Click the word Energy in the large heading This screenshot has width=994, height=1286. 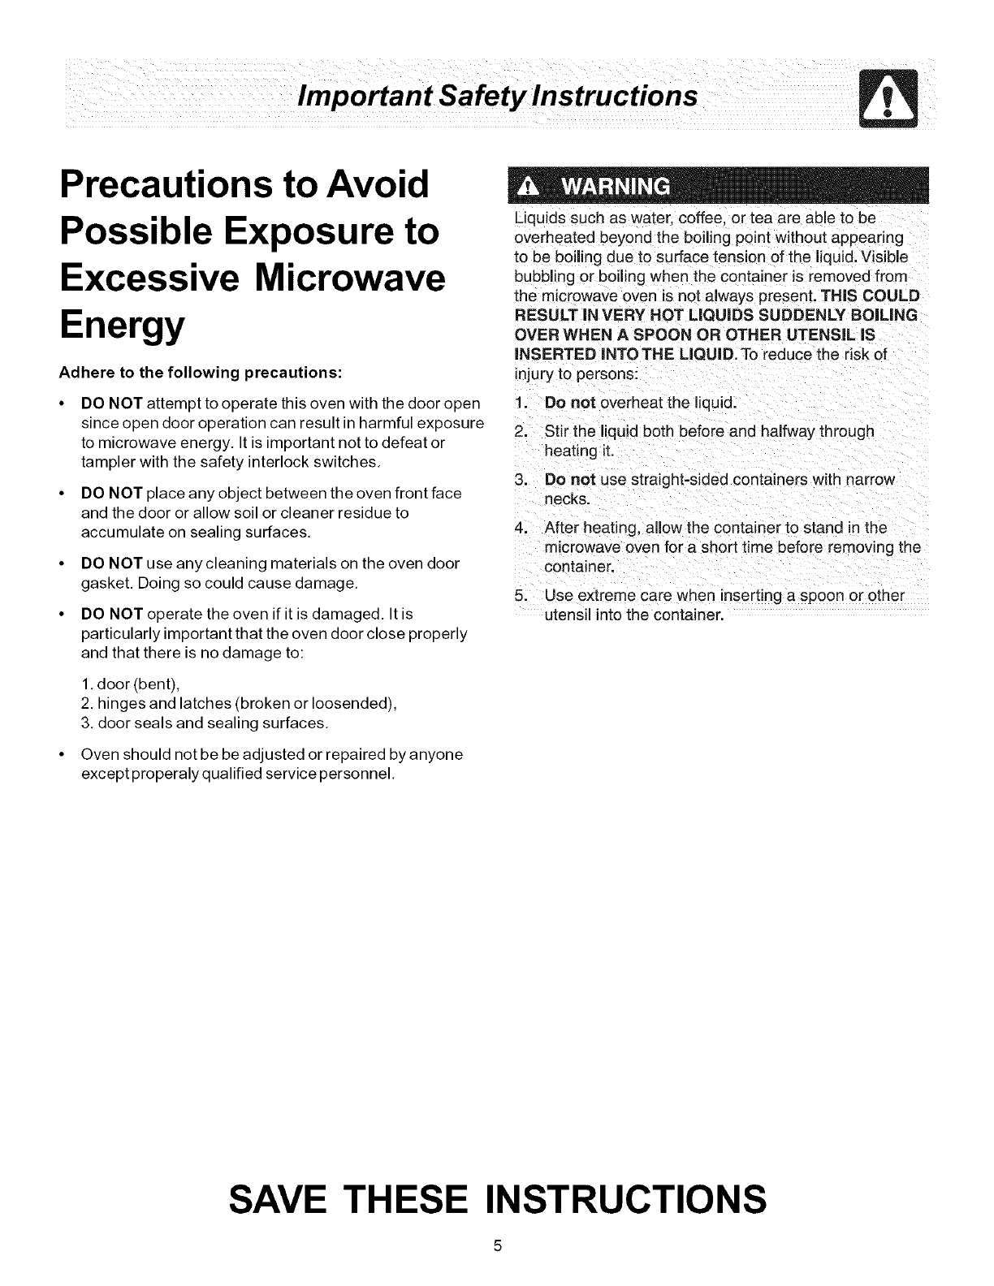click(x=122, y=326)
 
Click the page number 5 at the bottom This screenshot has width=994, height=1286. click(x=497, y=1246)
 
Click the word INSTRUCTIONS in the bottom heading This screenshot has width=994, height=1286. click(x=624, y=1198)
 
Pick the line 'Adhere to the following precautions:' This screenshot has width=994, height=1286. click(x=200, y=373)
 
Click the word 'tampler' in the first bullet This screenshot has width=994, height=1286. click(x=107, y=463)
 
